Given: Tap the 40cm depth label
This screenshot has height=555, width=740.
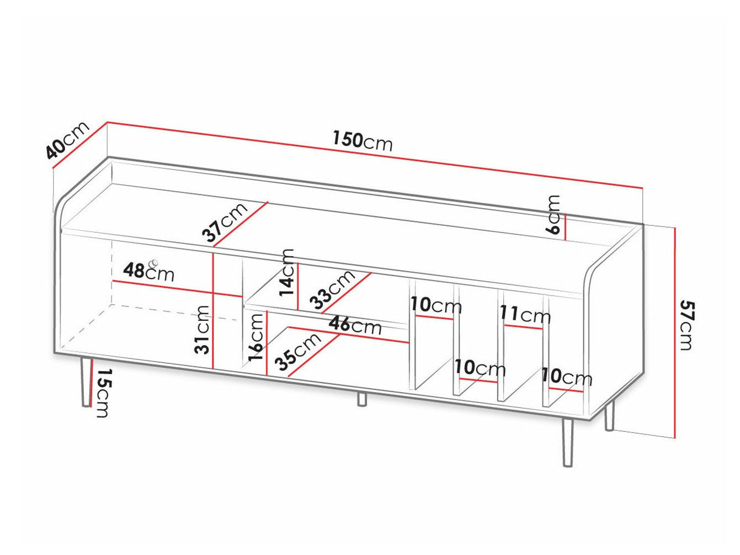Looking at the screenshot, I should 67,141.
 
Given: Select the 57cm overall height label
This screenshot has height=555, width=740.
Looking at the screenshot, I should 686,325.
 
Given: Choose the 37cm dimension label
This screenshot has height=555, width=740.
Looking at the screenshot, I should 225,223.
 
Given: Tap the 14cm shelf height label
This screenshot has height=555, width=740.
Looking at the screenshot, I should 288,272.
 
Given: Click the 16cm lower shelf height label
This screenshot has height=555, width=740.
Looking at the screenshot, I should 256,337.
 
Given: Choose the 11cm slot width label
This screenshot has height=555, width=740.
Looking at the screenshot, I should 525,315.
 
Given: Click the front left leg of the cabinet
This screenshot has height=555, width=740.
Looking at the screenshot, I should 86,382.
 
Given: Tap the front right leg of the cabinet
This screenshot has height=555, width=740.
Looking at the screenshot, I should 567,442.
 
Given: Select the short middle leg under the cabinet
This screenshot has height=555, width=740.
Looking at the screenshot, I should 361,399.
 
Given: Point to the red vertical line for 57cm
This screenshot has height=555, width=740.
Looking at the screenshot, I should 675,331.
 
